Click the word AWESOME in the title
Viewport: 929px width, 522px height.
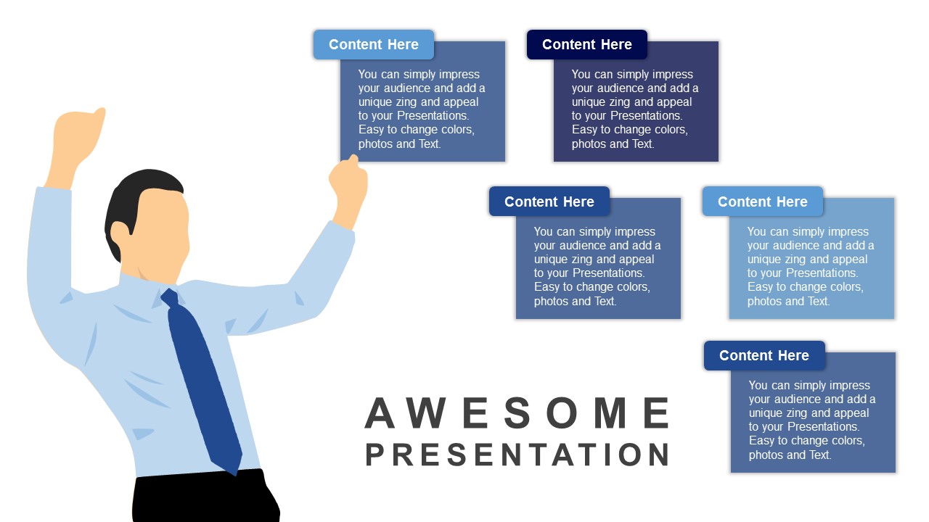point(517,413)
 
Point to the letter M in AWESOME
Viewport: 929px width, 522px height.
point(610,413)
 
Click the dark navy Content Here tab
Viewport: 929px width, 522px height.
point(587,44)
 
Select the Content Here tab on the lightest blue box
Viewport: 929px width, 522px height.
point(762,202)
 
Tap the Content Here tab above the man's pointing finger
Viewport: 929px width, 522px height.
point(374,44)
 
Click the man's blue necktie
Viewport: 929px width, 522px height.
point(202,381)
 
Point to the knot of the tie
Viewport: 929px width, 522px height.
point(171,297)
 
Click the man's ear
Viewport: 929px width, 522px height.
point(120,237)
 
